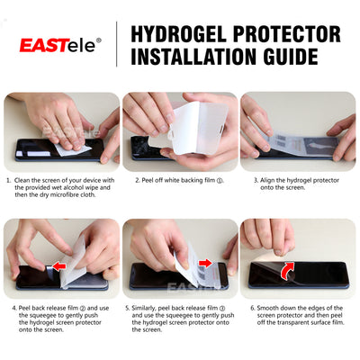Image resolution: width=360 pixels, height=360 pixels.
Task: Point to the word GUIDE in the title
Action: pos(298,57)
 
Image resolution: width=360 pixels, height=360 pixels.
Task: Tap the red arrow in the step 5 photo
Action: pos(204,264)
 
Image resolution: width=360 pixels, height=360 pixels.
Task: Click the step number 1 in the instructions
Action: pos(9,180)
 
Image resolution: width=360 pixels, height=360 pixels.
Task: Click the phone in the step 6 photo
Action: pos(297,274)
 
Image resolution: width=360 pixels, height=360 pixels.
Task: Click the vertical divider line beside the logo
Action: pos(116,44)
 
